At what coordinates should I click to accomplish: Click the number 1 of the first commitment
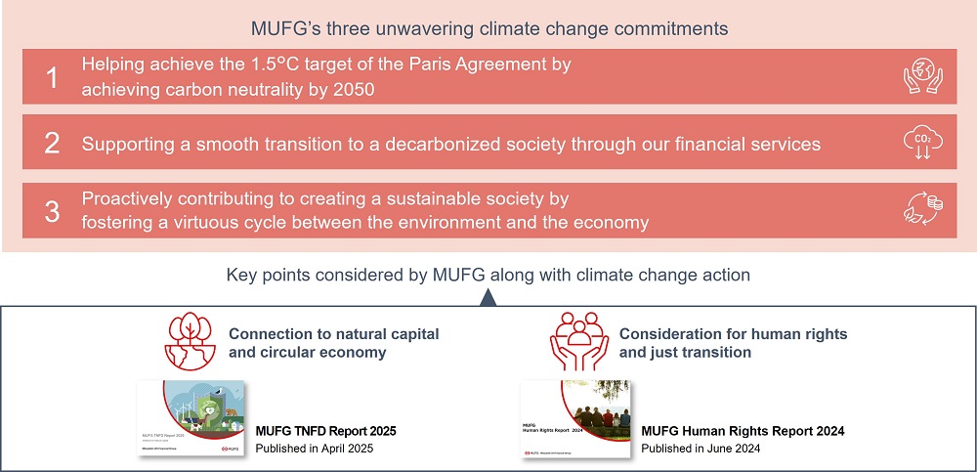coord(53,77)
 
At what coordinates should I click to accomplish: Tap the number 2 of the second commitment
coord(53,145)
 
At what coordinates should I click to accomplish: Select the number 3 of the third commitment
coord(53,211)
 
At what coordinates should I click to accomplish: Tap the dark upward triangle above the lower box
coord(488,299)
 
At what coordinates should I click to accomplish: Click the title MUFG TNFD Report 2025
coord(325,431)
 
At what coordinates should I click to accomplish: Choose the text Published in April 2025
coord(315,449)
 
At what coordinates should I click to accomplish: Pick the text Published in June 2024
coord(701,449)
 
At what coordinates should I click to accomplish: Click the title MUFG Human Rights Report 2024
coord(743,431)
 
